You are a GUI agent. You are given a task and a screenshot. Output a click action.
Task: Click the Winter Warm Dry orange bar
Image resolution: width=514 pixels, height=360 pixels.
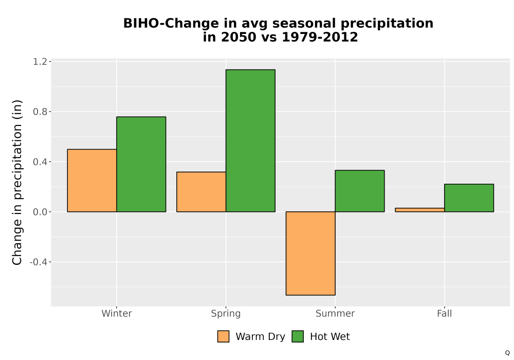pyautogui.click(x=92, y=181)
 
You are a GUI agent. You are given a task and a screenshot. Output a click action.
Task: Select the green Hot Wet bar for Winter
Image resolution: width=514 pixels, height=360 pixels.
pyautogui.click(x=141, y=164)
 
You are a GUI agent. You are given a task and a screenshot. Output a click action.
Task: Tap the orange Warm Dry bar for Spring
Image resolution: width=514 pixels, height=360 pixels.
pyautogui.click(x=201, y=192)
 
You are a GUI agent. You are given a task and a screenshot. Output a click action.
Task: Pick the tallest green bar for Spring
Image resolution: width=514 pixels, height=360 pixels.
pyautogui.click(x=250, y=140)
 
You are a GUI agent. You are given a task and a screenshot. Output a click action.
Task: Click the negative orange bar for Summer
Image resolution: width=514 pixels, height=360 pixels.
pyautogui.click(x=310, y=254)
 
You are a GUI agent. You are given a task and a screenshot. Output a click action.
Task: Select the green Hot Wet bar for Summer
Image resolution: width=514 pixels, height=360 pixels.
pyautogui.click(x=360, y=191)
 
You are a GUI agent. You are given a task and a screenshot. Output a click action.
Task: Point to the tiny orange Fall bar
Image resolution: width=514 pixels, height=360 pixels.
pyautogui.click(x=420, y=210)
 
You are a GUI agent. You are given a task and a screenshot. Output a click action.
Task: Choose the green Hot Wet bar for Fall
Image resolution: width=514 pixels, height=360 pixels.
pyautogui.click(x=469, y=198)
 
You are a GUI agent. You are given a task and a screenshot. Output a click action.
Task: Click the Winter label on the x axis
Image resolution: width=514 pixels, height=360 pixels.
pyautogui.click(x=117, y=313)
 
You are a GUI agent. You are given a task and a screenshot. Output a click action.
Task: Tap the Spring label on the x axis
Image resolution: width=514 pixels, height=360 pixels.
pyautogui.click(x=226, y=314)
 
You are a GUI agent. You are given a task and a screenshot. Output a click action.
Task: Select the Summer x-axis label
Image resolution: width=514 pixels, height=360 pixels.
pyautogui.click(x=335, y=313)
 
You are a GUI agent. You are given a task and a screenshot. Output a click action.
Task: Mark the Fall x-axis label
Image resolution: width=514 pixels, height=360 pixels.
pyautogui.click(x=445, y=313)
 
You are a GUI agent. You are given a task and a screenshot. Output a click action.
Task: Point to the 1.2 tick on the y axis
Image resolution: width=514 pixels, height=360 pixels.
pyautogui.click(x=40, y=62)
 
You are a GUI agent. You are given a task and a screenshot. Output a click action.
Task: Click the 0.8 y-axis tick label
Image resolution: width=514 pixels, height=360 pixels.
pyautogui.click(x=40, y=112)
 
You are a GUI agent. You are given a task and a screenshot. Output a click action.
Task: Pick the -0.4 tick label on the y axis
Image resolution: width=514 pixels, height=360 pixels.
pyautogui.click(x=38, y=262)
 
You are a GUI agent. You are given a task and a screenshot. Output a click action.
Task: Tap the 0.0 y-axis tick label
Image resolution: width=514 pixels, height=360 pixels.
pyautogui.click(x=40, y=212)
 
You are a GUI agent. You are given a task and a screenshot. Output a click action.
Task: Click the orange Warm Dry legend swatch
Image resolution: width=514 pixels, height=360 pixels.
pyautogui.click(x=223, y=336)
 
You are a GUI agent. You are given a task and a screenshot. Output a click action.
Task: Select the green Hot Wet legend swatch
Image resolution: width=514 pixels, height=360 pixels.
pyautogui.click(x=298, y=336)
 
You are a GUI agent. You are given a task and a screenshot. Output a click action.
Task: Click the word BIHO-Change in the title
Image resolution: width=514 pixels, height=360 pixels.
pyautogui.click(x=171, y=23)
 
